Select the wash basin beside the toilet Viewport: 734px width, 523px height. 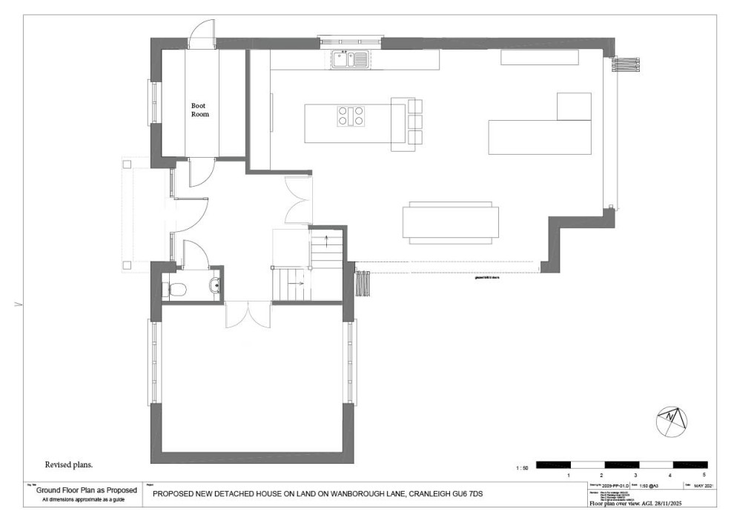214,285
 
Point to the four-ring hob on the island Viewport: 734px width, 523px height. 351,116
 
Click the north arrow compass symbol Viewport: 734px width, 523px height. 672,420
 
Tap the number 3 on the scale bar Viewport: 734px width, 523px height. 635,475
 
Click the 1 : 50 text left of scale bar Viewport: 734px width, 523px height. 522,467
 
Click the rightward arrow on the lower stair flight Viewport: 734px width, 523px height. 300,283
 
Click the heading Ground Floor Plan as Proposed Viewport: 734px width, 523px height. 86,490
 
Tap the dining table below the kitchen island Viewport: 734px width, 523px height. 450,221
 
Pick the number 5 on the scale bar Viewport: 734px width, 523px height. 704,475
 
